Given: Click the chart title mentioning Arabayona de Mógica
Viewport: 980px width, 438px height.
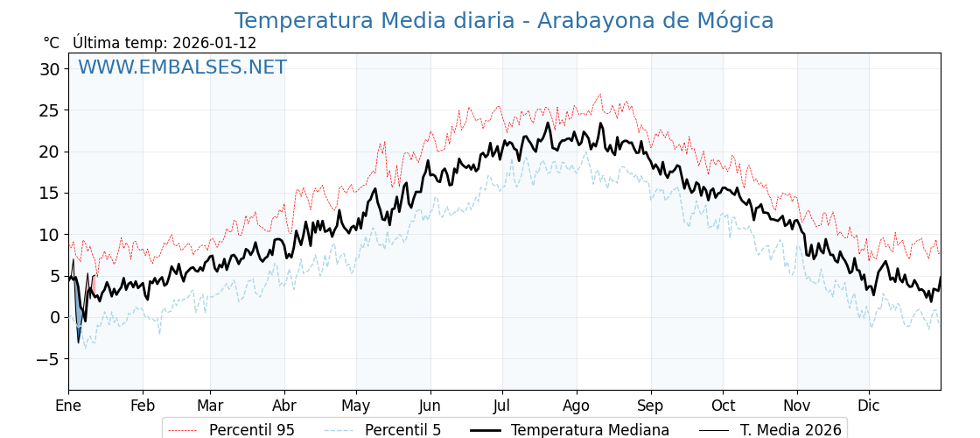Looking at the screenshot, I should tap(503, 21).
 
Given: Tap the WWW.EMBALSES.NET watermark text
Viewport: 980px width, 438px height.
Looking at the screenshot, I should tap(182, 67).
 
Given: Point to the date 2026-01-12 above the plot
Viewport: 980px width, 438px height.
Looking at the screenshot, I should tap(214, 43).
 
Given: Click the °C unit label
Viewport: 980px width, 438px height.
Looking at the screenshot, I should tap(51, 43).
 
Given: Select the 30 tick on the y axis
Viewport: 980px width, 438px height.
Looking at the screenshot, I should tap(50, 69).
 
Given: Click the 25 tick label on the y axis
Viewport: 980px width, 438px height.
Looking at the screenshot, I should tap(50, 110).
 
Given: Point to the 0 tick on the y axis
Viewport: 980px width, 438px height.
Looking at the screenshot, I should tap(55, 317).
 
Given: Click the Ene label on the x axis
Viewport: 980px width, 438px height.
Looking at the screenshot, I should tap(68, 406).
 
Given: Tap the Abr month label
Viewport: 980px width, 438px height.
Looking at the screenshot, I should tap(284, 406).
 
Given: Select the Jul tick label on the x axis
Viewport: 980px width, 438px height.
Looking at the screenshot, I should tap(502, 406).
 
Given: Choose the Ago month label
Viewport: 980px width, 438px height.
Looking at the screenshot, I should tap(577, 406).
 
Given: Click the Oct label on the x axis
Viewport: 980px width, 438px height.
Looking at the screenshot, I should tap(723, 406).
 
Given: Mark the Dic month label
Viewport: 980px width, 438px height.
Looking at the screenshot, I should tap(869, 406).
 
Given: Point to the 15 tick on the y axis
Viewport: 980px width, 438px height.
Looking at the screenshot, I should tap(50, 193).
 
